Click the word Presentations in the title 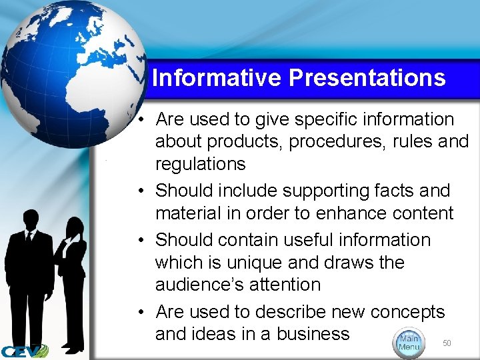click(x=367, y=79)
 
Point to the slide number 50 click(x=447, y=343)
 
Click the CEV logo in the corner click(x=24, y=351)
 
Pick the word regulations click(x=200, y=164)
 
